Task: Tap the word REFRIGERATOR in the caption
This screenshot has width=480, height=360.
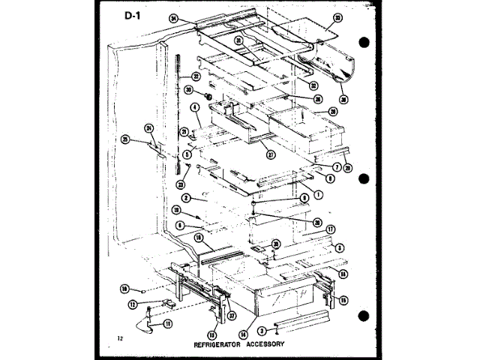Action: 218,345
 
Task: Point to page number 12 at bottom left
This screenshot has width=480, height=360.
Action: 119,340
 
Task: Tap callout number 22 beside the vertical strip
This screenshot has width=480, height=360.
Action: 195,76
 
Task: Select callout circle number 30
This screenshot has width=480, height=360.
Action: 190,90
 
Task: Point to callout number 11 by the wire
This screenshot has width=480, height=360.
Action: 167,324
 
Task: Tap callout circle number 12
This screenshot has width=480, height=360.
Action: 133,304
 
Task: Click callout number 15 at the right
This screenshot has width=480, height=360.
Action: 343,300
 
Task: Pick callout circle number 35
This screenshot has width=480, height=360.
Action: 277,243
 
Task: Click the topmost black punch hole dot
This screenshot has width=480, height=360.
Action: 364,42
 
